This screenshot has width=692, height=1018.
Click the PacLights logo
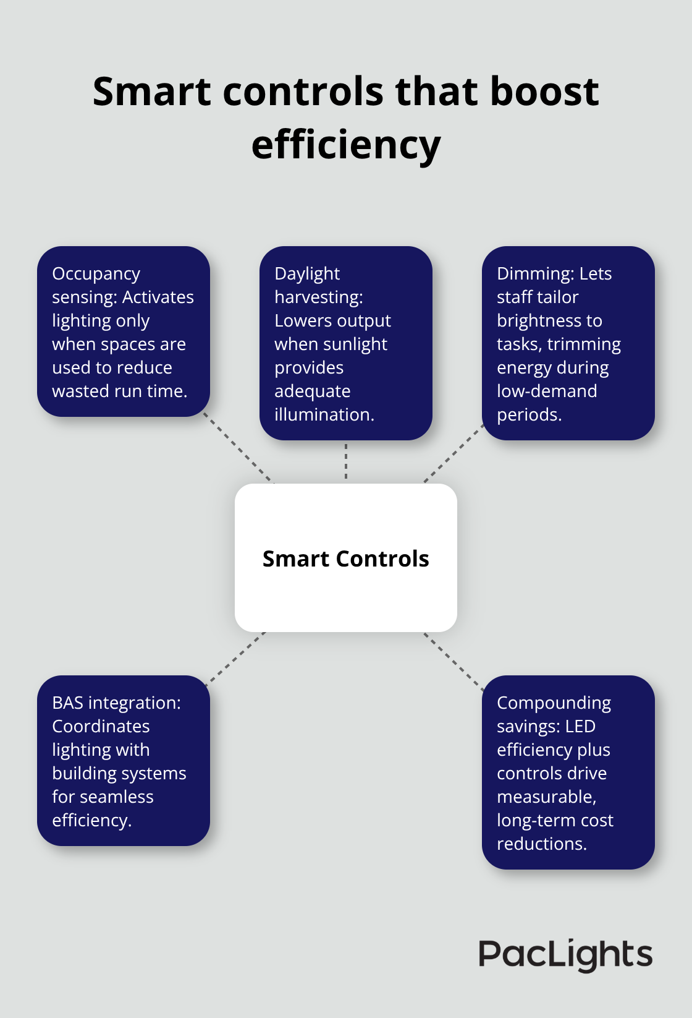point(565,955)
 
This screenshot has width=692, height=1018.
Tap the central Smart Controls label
point(345,558)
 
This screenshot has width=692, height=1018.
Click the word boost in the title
point(544,92)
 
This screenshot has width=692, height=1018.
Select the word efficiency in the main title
point(346,145)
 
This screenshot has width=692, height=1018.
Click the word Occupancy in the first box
point(96,274)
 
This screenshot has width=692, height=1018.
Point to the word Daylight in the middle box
point(307,273)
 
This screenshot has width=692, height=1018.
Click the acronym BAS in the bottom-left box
point(67,703)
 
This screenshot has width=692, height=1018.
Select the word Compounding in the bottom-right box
point(554,703)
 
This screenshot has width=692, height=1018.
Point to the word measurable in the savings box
point(546,797)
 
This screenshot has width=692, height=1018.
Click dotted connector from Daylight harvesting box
point(346,461)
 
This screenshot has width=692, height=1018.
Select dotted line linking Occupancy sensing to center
point(238,448)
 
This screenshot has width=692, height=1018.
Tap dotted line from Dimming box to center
point(453,454)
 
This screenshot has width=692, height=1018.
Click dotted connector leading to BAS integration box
point(237,658)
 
